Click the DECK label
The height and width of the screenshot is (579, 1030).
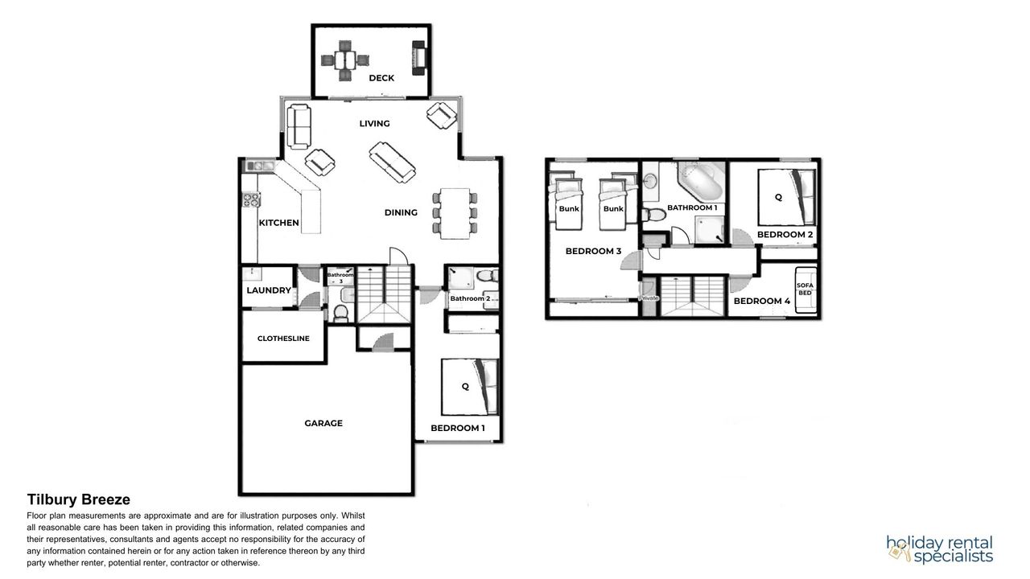click(381, 78)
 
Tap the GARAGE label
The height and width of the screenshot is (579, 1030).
click(323, 423)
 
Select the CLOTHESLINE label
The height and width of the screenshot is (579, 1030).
click(283, 339)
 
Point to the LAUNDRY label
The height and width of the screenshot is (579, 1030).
click(269, 290)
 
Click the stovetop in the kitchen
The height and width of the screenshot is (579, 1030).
click(252, 200)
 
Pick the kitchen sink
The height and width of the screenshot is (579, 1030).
click(260, 166)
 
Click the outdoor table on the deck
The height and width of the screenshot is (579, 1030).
click(345, 60)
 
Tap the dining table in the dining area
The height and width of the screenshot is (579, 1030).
click(455, 213)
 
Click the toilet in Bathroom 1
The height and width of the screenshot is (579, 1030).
click(654, 214)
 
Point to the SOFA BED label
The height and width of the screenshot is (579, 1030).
click(805, 289)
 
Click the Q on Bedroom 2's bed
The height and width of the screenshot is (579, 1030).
click(778, 197)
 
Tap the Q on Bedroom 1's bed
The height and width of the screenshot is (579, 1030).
click(465, 387)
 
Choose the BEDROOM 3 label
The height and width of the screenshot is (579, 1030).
click(593, 252)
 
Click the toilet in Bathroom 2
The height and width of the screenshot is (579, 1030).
click(487, 276)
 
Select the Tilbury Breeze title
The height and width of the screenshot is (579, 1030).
click(79, 499)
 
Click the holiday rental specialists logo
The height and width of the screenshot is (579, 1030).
click(939, 549)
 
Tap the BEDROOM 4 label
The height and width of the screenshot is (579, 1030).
click(761, 302)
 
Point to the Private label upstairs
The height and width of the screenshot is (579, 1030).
click(649, 298)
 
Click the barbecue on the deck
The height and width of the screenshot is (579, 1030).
click(418, 58)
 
